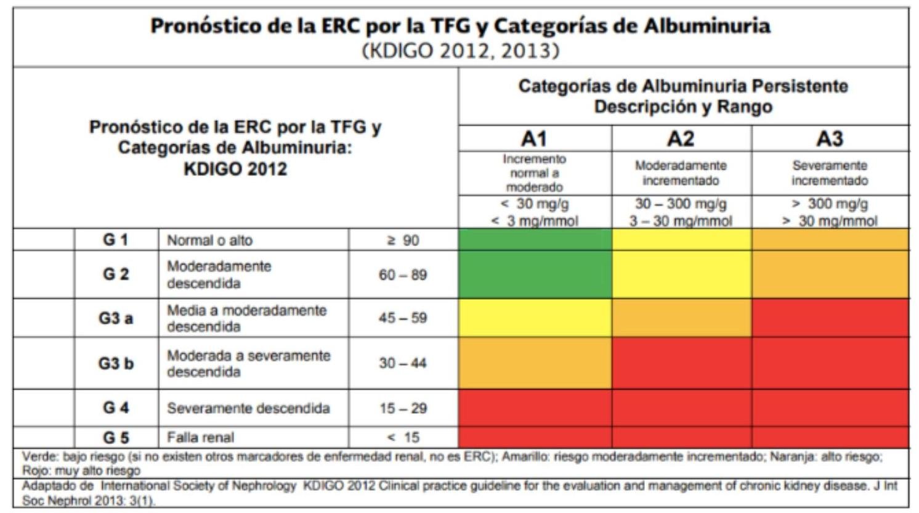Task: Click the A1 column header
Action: (534, 139)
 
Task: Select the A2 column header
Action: (681, 139)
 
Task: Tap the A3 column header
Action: (830, 139)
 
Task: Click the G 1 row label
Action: (116, 240)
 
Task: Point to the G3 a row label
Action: (116, 318)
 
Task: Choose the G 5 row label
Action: (116, 438)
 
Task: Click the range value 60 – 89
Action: (403, 275)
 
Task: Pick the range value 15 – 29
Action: (403, 408)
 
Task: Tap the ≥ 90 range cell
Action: (403, 240)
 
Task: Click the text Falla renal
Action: (200, 438)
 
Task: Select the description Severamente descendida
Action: (248, 408)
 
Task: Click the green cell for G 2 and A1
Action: (535, 274)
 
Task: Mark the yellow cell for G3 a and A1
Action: (535, 318)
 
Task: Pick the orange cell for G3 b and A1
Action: (535, 363)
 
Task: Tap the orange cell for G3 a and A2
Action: (681, 318)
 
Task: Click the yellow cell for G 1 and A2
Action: (681, 239)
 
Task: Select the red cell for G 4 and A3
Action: (830, 408)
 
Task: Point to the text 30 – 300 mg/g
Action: (681, 204)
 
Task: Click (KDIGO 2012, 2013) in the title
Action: (461, 51)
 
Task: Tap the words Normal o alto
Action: (209, 240)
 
